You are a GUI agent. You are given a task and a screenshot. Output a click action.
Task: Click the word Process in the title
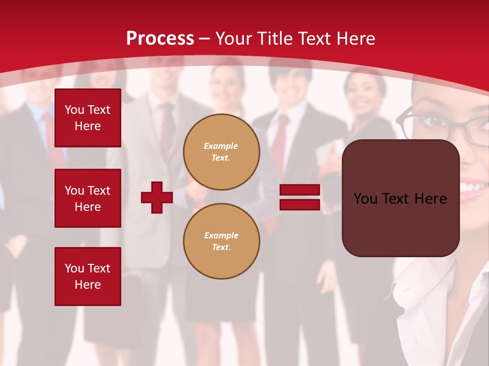(x=160, y=39)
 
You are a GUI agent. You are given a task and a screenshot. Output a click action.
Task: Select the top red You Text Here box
(x=88, y=118)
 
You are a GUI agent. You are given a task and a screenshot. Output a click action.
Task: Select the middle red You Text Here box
(x=88, y=198)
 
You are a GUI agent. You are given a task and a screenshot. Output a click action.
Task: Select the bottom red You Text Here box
(x=88, y=276)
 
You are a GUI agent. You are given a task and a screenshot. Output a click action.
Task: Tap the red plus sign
(x=157, y=198)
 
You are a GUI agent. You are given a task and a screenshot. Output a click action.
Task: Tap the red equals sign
(x=300, y=198)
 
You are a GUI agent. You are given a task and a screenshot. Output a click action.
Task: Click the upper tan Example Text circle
(x=221, y=152)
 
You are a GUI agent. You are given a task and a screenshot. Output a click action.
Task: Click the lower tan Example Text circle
(x=221, y=241)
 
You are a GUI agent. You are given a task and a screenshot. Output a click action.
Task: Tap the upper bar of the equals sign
(x=300, y=190)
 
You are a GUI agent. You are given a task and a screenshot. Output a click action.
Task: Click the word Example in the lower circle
(x=221, y=235)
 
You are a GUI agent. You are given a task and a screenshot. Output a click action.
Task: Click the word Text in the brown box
(x=397, y=199)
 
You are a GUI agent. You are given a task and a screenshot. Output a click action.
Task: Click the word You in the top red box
(x=74, y=110)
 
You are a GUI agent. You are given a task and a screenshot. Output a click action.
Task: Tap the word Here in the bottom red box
(x=88, y=285)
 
